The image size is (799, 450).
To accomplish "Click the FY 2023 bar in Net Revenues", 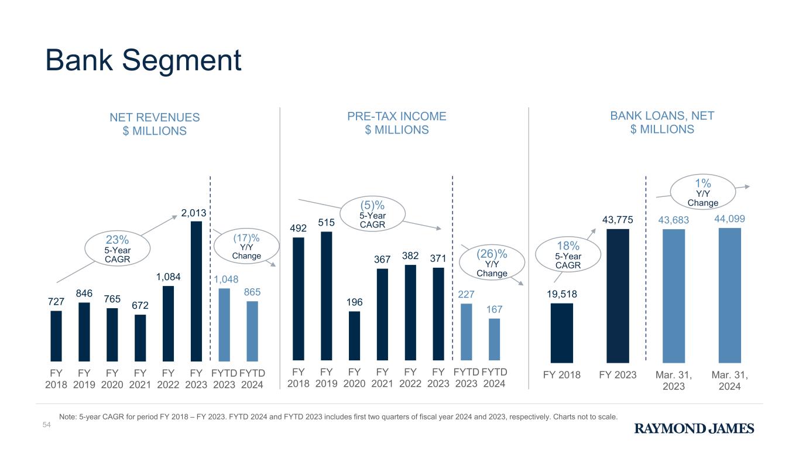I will click(x=196, y=291).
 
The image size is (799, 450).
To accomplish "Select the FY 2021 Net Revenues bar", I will click(x=140, y=337).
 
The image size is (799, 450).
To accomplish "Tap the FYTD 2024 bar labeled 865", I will click(x=252, y=331).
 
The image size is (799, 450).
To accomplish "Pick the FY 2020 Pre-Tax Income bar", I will click(x=354, y=336).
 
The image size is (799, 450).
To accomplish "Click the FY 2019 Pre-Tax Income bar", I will click(x=326, y=296).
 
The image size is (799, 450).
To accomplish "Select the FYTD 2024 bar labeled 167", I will click(x=494, y=339).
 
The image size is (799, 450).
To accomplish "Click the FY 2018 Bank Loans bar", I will click(x=561, y=332).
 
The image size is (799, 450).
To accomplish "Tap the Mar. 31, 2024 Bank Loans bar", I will click(x=729, y=294).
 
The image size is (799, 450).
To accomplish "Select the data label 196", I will click(x=354, y=302).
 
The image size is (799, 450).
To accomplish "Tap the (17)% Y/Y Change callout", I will click(x=246, y=246).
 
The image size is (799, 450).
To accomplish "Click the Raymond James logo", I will click(x=694, y=429).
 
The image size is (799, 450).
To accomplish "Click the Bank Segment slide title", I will click(x=143, y=60).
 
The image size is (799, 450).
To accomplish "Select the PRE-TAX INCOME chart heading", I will click(x=396, y=122).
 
